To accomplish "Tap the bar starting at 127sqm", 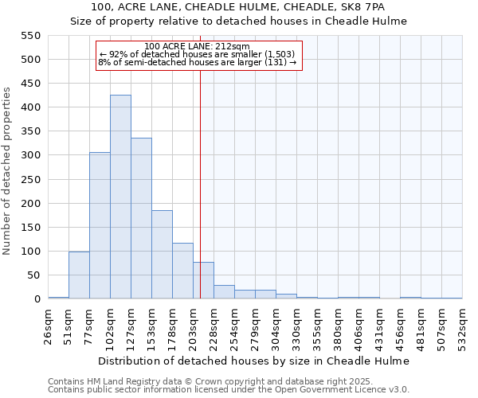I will tap(141, 218).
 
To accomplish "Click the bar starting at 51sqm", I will tap(79, 275).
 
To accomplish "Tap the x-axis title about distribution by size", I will tap(255, 361).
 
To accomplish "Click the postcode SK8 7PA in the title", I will tap(364, 7).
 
